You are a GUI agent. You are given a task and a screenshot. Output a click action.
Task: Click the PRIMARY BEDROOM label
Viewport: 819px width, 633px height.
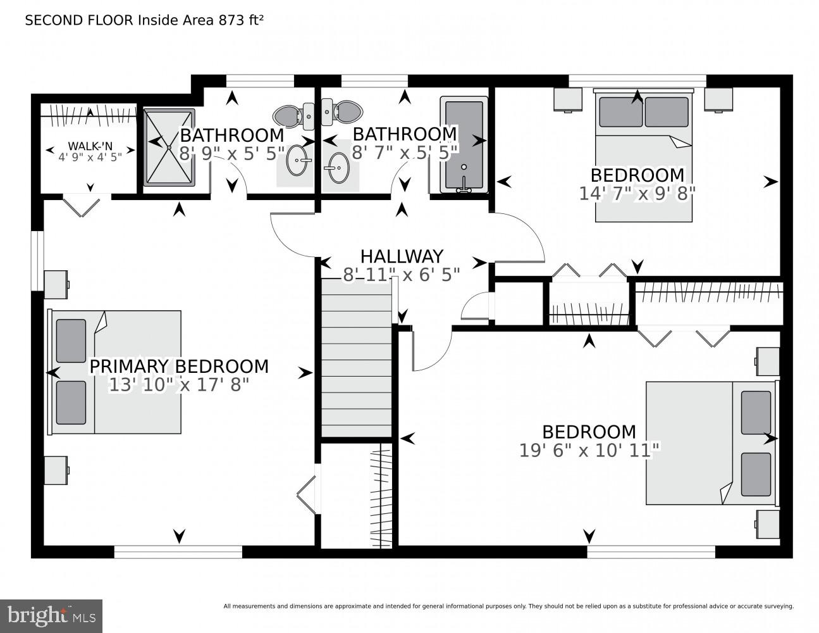[x=178, y=367]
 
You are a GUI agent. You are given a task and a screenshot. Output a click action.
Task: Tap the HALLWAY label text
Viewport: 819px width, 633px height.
[x=402, y=256]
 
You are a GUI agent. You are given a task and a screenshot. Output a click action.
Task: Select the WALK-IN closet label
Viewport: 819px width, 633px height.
[x=90, y=146]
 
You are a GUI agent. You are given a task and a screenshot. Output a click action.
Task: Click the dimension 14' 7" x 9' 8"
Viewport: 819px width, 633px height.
[x=637, y=193]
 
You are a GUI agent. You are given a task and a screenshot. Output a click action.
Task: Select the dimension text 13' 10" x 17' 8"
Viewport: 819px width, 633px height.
[x=178, y=385]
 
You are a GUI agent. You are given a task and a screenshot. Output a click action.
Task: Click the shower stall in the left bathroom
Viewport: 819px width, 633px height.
[x=169, y=147]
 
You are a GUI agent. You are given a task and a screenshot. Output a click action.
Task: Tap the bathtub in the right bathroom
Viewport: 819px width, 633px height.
[x=465, y=145]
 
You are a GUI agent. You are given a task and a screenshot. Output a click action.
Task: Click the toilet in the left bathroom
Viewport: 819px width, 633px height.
[x=292, y=115]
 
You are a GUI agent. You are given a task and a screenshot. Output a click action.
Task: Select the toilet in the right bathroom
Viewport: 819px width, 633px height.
[x=342, y=112]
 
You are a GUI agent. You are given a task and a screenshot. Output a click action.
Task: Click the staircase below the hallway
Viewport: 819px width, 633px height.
[x=357, y=358]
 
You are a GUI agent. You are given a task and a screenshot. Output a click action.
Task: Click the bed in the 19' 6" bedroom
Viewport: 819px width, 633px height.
[x=710, y=443]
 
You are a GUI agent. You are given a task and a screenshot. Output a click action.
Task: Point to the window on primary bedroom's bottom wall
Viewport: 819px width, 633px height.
[x=178, y=552]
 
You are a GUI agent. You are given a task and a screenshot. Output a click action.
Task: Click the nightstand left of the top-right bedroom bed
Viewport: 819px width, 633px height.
[x=568, y=100]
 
